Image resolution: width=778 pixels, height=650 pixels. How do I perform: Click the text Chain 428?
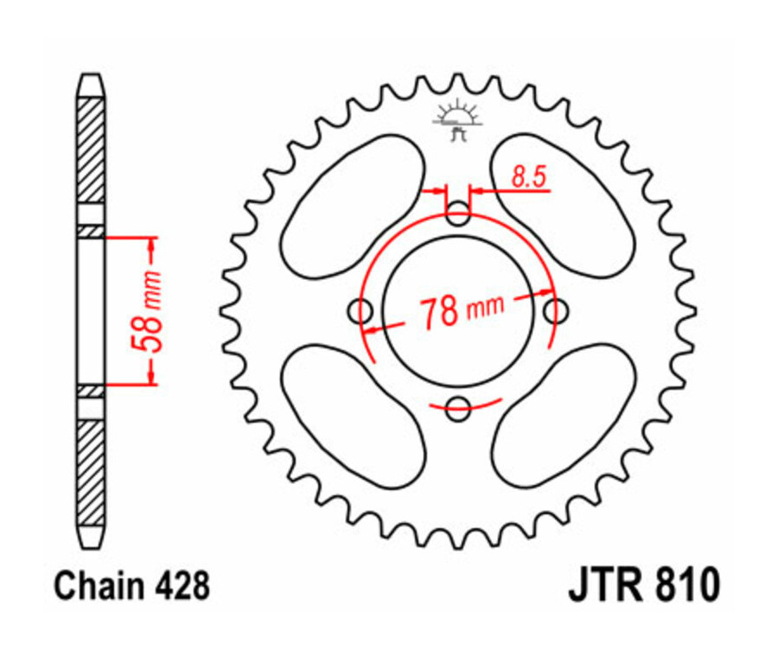131,587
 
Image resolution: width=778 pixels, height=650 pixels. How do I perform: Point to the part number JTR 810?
642,586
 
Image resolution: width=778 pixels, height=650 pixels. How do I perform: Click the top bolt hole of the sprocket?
458,213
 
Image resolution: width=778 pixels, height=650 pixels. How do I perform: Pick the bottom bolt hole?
458,407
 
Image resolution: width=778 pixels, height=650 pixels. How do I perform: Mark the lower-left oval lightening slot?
354,414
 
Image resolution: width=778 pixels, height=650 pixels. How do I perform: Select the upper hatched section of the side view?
91,151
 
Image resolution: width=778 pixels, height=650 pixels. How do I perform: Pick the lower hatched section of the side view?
91,471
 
